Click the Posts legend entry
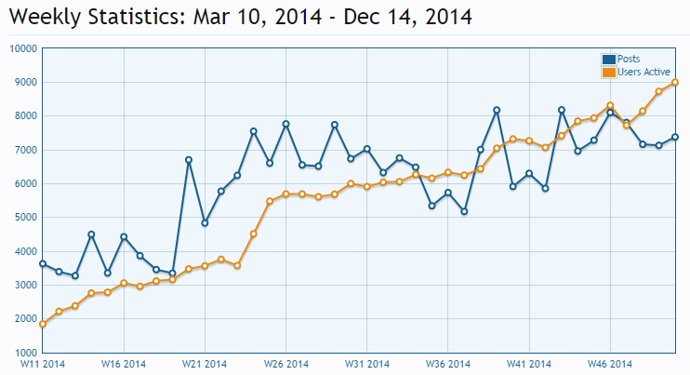coord(620,59)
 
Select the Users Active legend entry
coord(636,72)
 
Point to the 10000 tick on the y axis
coord(23,48)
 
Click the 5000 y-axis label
coord(25,218)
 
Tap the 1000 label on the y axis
coord(25,353)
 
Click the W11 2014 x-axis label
coord(43,364)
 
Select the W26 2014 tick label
coord(286,364)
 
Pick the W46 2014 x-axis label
coord(610,364)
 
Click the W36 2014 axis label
coord(448,364)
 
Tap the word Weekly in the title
coord(46,18)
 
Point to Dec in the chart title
coord(363,17)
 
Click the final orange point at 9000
coord(675,82)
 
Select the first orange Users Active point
coord(43,324)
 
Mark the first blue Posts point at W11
coord(43,263)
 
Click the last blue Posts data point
coord(675,138)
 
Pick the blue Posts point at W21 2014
coord(205,223)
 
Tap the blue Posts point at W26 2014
coord(286,124)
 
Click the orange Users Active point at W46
coord(610,106)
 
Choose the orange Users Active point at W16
coord(124,283)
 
